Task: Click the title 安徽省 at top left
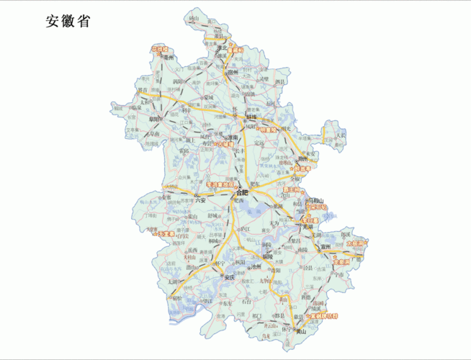click(x=68, y=22)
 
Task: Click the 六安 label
click(x=202, y=201)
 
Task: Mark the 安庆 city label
click(x=230, y=277)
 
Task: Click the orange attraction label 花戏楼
click(x=159, y=49)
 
